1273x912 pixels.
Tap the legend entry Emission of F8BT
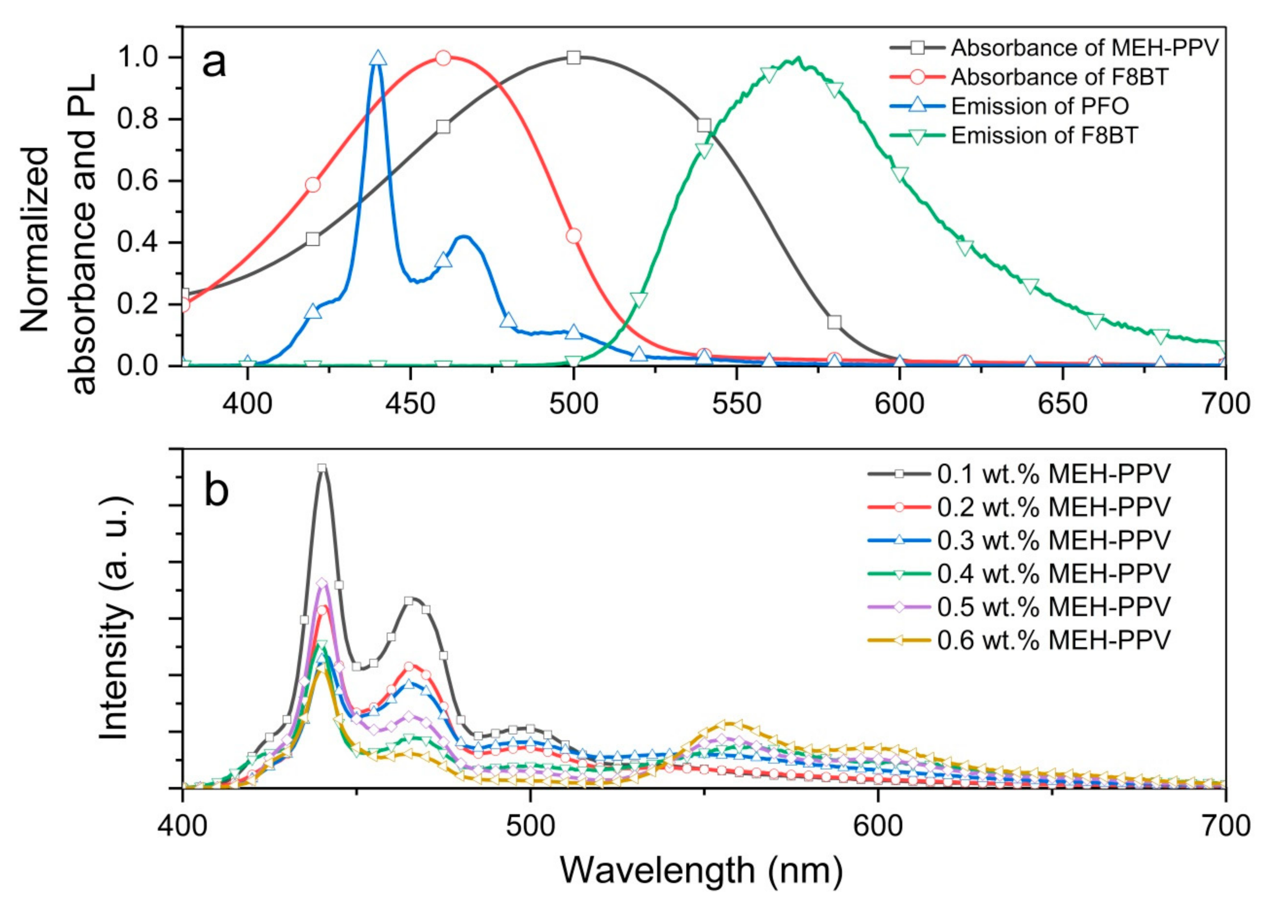coord(1044,135)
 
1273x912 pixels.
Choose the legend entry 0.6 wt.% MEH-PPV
coord(1054,640)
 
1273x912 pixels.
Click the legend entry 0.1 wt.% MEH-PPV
coord(1054,474)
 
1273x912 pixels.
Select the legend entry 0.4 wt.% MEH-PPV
coord(1054,573)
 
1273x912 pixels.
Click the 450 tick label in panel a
coord(410,404)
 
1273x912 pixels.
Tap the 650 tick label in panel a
coord(1063,404)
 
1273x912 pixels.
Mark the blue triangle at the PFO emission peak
coord(378,58)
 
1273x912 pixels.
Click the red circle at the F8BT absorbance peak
coord(443,58)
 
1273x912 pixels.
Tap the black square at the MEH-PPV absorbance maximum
coord(573,57)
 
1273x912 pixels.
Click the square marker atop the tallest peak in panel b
coord(321,468)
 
